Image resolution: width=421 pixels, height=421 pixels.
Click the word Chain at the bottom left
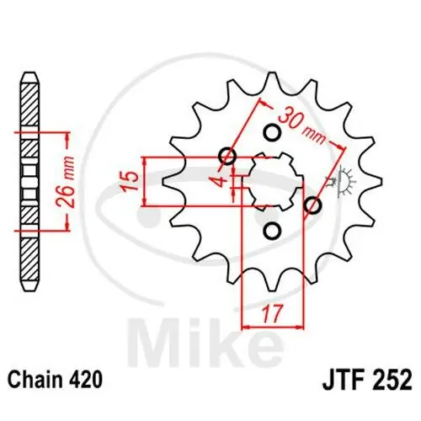click(x=37, y=381)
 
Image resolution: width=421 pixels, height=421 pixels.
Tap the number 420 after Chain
click(x=87, y=381)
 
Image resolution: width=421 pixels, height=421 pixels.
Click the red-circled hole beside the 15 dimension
click(x=226, y=155)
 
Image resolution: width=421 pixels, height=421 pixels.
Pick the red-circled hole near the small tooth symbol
click(x=312, y=205)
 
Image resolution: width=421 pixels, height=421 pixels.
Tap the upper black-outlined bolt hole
click(x=271, y=132)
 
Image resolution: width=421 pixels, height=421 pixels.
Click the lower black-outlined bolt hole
click(x=271, y=229)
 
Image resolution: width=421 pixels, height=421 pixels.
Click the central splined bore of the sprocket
click(x=271, y=180)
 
